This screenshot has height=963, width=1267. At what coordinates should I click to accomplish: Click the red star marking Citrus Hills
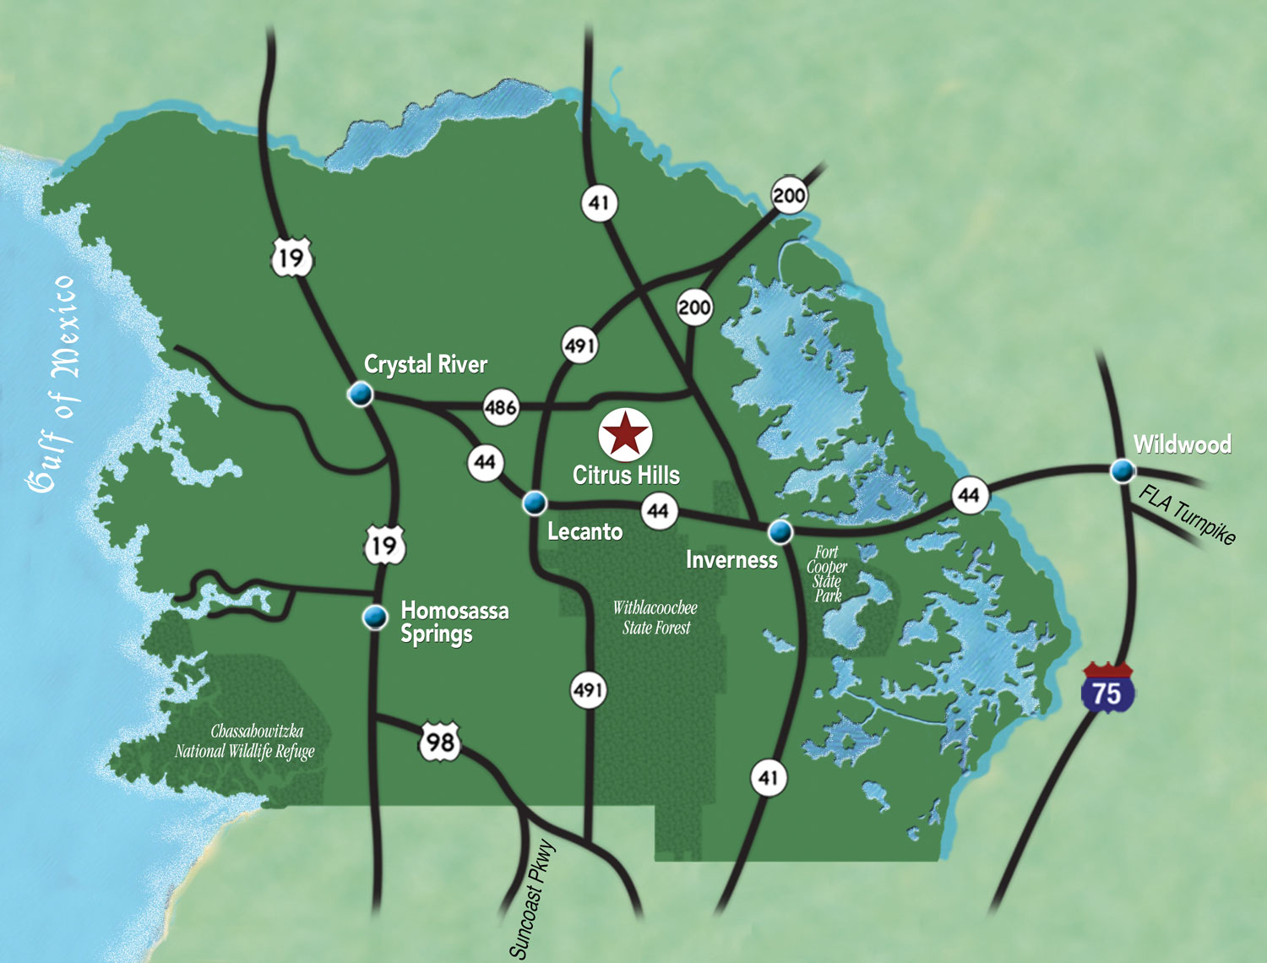(625, 434)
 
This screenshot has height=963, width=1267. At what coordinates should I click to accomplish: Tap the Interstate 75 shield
(1107, 689)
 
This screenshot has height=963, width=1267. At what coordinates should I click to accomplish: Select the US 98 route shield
(440, 742)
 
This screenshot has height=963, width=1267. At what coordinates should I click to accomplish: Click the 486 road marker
(500, 407)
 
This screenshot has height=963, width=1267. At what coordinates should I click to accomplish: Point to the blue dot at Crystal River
(361, 394)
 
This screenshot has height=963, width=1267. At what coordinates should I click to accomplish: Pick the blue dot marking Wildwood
(1122, 470)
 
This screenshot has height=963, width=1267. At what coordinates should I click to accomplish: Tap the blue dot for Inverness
(780, 531)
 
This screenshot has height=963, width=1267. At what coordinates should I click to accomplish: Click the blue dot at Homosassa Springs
(374, 618)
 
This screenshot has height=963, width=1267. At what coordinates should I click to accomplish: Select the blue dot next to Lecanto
(534, 503)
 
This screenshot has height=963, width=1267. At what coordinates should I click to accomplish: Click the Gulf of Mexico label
(53, 384)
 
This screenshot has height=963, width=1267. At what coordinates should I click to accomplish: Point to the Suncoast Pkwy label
(532, 900)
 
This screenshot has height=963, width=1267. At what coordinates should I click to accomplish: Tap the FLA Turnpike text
(1187, 514)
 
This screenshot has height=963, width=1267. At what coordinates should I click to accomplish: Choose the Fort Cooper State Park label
(827, 574)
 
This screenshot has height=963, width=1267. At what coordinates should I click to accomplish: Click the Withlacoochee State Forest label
(655, 618)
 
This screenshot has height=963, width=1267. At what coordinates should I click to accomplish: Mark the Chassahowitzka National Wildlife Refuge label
(246, 742)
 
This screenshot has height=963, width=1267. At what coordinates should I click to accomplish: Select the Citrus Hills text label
(626, 476)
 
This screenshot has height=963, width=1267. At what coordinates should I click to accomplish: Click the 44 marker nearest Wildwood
(969, 495)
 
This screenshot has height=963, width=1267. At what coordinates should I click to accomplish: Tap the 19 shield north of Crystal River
(291, 257)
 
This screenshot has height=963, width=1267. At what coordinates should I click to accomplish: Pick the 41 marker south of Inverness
(768, 777)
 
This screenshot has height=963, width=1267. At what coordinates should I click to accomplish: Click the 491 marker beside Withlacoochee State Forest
(587, 690)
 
